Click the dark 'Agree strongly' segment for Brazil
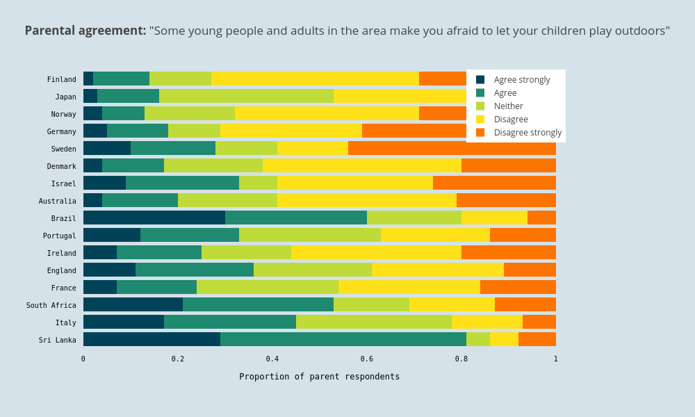point(154,218)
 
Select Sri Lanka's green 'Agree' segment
point(343,339)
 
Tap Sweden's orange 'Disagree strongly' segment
point(452,148)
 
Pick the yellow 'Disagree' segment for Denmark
point(362,165)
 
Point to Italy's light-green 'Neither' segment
point(374,322)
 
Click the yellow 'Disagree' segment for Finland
point(315,79)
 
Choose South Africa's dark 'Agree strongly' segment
point(133,304)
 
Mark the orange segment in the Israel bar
point(494,183)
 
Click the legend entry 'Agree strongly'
point(521,80)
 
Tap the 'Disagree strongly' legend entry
point(528,133)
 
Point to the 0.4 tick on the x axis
point(272,359)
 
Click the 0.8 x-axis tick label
point(461,359)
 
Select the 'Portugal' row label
point(59,236)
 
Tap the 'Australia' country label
point(57,201)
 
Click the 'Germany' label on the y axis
point(61,131)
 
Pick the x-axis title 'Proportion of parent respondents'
point(320,377)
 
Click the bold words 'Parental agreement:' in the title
point(85,31)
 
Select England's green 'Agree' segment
point(195,270)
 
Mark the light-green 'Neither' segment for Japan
point(246,96)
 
